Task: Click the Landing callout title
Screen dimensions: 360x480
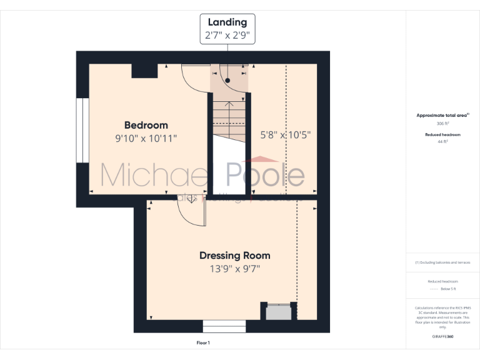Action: tap(227, 22)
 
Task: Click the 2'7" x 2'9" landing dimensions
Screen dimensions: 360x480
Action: tap(227, 36)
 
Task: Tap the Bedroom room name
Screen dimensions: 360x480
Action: tap(146, 125)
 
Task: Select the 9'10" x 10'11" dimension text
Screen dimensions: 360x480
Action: tap(146, 138)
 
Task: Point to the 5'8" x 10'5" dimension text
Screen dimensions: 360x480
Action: tap(285, 134)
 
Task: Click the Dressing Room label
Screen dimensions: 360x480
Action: tap(234, 255)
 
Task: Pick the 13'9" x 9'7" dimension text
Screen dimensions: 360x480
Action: tap(234, 269)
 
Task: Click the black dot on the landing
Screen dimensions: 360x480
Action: tap(228, 81)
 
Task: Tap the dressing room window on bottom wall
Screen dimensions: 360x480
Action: tap(224, 326)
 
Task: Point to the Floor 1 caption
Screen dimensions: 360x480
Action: tap(203, 343)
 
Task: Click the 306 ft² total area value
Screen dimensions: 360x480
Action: tap(442, 124)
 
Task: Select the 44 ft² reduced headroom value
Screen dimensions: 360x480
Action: tap(442, 142)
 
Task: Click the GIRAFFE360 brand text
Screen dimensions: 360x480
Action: tap(442, 337)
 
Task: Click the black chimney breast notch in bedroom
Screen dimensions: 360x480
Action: tap(144, 71)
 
